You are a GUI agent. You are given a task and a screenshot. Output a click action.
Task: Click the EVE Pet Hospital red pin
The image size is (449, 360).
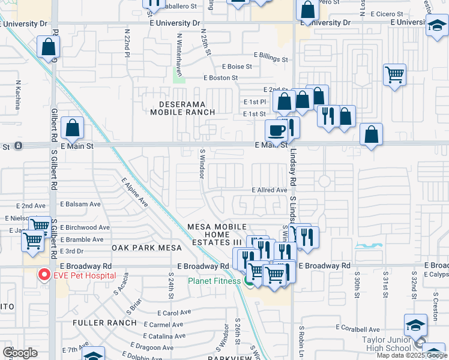tap(43, 275)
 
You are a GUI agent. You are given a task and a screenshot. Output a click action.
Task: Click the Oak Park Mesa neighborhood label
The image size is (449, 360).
tap(142, 247)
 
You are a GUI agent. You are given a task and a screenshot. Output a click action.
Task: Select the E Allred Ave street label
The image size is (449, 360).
tap(269, 190)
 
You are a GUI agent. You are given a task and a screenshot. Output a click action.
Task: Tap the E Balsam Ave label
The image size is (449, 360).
tap(80, 204)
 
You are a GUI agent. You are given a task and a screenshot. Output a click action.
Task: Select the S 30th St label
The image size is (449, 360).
tap(357, 287)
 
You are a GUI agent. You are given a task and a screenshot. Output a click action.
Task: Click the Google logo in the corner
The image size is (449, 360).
tap(19, 353)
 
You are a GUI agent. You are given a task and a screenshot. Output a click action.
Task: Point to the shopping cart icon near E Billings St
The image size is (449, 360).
tap(394, 75)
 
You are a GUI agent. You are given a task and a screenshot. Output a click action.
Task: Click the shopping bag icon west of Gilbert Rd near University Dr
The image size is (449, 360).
tap(47, 47)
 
